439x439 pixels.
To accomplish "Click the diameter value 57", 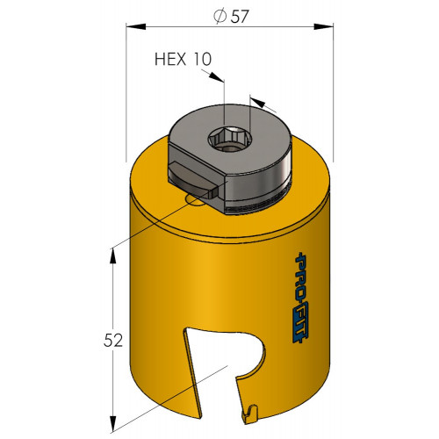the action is point(240,17).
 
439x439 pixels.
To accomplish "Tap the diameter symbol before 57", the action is point(220,17).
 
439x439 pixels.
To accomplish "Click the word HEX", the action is point(170,59).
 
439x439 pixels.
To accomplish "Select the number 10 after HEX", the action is point(202,59).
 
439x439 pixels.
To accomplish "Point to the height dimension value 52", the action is point(113,341).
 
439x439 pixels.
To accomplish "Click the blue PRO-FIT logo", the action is point(300,297).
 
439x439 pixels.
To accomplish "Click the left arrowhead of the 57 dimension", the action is point(136,26).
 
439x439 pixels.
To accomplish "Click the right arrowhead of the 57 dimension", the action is point(323,26).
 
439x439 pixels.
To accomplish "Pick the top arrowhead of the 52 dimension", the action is point(113,257).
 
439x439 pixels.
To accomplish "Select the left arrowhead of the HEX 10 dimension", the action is point(216,76).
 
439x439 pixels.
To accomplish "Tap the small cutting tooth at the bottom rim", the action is point(249,414).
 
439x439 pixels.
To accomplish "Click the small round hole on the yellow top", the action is point(194,199).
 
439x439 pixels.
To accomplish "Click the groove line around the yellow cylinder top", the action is point(230,233).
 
